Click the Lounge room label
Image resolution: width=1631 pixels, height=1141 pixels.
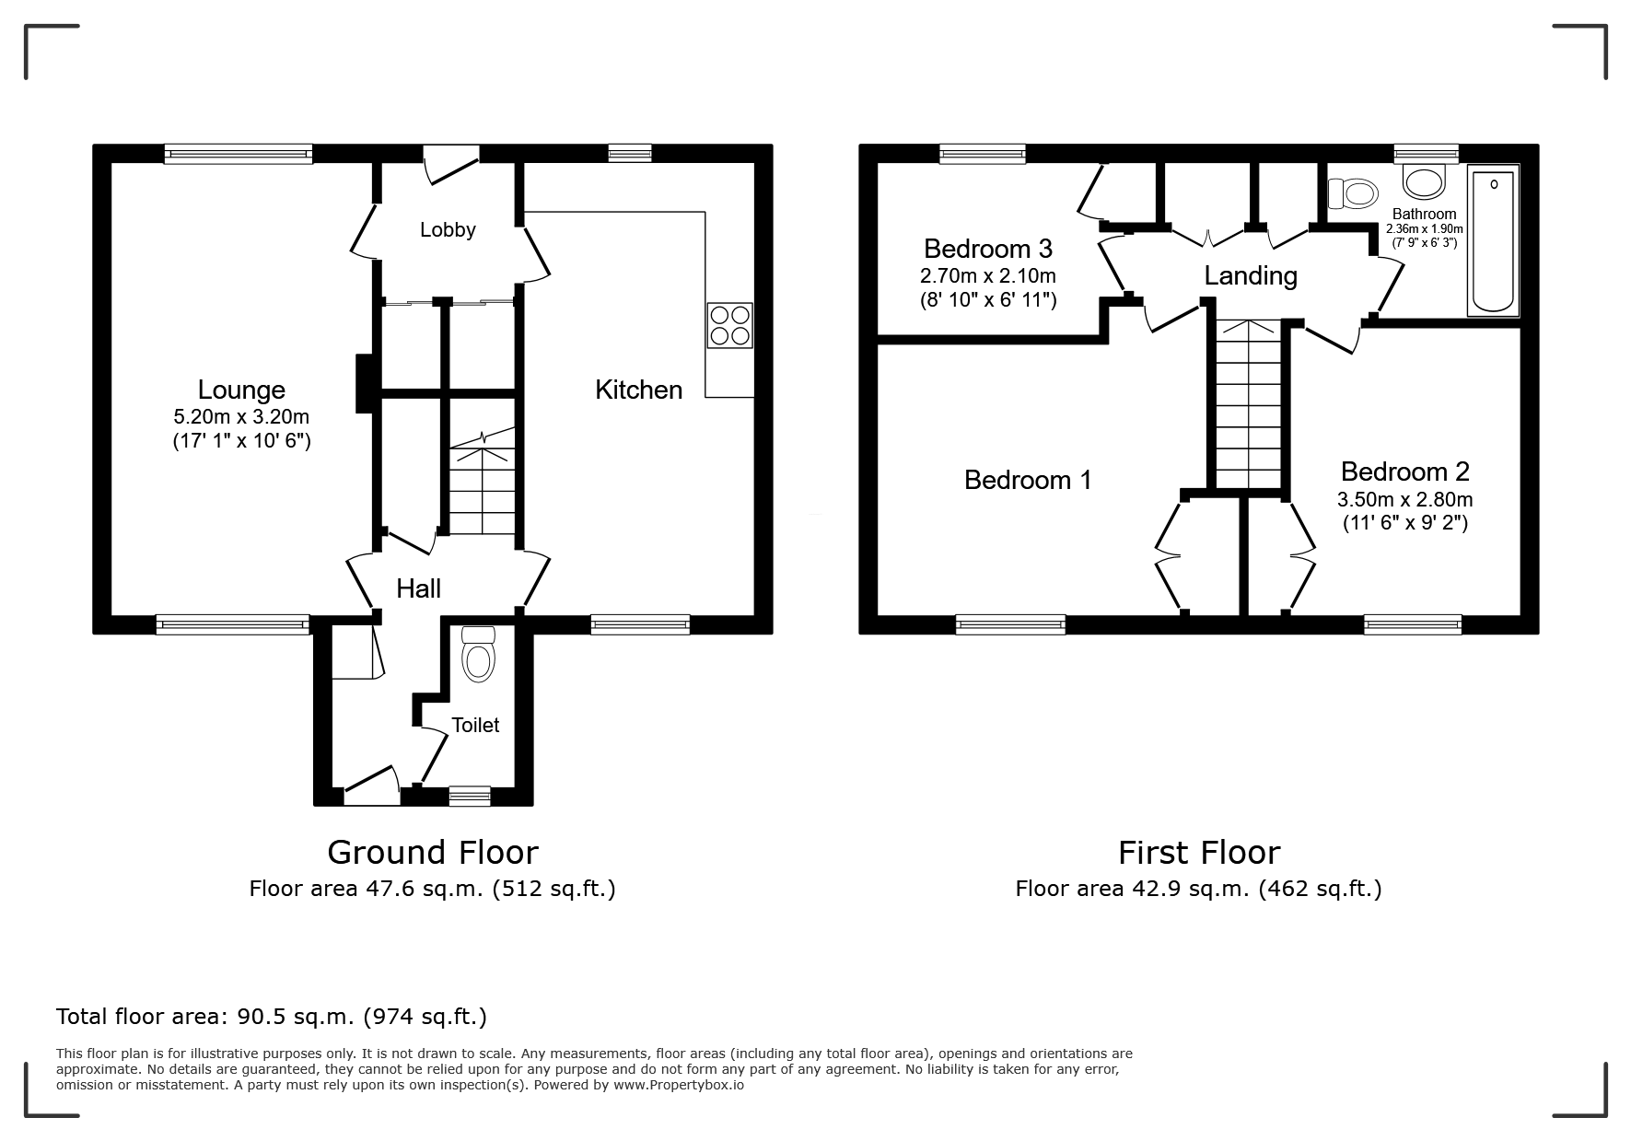tap(241, 390)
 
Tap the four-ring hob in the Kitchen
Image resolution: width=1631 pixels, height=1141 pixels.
tap(730, 325)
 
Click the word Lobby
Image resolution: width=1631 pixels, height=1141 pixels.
tap(448, 230)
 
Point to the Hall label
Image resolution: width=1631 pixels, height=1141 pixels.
tap(419, 588)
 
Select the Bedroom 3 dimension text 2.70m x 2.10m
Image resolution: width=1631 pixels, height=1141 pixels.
tap(988, 275)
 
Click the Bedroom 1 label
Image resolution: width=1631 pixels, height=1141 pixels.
tap(1028, 480)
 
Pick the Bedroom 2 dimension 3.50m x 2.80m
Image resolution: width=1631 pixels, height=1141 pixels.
tap(1405, 500)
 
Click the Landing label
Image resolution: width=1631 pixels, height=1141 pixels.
tap(1251, 275)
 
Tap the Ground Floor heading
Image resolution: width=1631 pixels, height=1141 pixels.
tap(433, 853)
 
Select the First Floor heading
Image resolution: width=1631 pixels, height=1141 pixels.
tap(1199, 853)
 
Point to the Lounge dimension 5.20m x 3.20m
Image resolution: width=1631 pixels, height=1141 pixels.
tap(242, 418)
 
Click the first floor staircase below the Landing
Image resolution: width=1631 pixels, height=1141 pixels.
tap(1249, 403)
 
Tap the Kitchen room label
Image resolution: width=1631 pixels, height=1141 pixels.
tap(639, 390)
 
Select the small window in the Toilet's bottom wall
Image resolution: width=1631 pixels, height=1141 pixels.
tap(470, 796)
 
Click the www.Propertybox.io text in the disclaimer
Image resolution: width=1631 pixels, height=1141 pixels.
tap(678, 1085)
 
